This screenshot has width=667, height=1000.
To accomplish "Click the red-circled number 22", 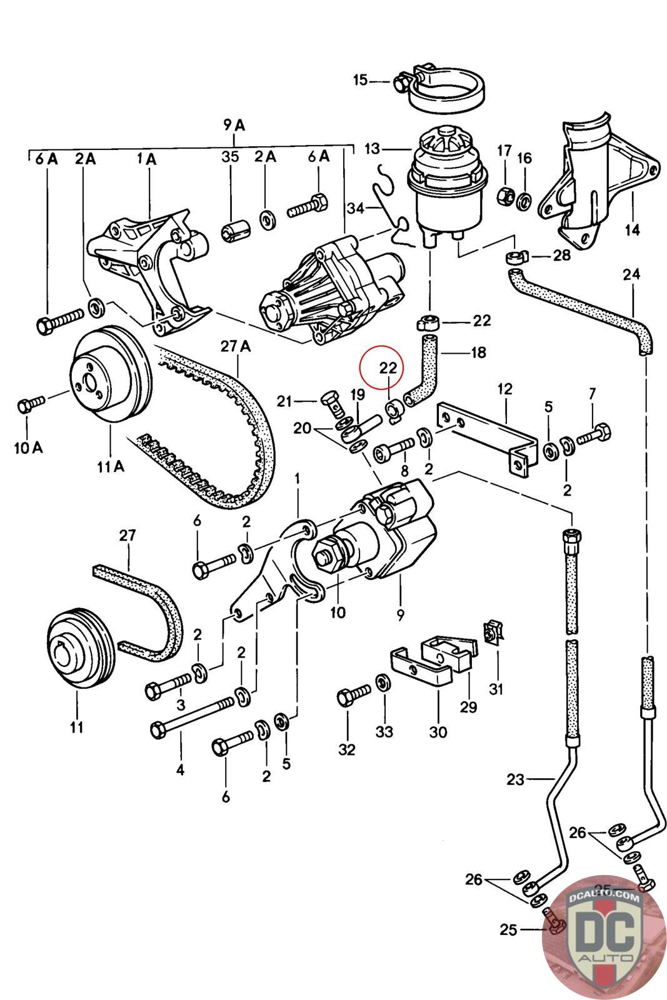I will pyautogui.click(x=388, y=368).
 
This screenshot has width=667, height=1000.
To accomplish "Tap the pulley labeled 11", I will pyautogui.click(x=78, y=647).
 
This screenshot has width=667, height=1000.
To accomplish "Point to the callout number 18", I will pyautogui.click(x=478, y=352).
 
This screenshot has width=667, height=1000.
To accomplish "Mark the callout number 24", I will pyautogui.click(x=632, y=274).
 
